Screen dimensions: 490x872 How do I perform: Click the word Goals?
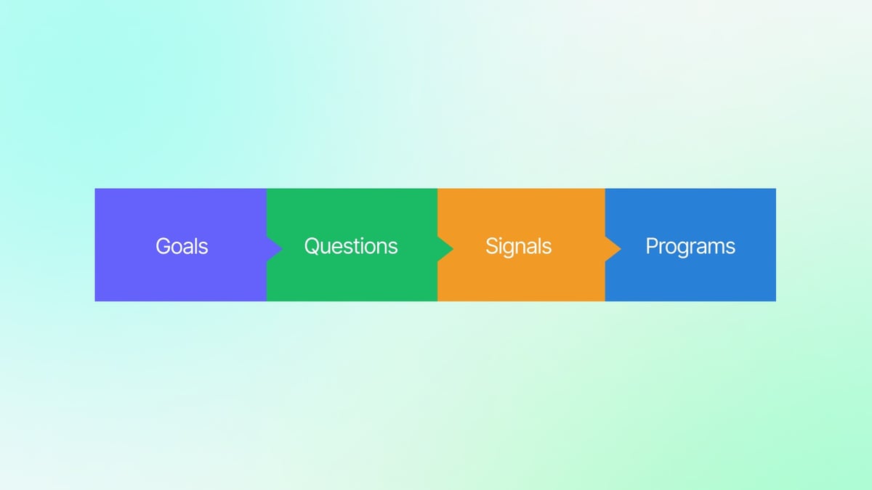pyautogui.click(x=182, y=246)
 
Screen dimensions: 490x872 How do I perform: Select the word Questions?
pyautogui.click(x=351, y=246)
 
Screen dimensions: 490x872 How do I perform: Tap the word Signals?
pyautogui.click(x=518, y=246)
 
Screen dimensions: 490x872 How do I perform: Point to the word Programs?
pyautogui.click(x=690, y=246)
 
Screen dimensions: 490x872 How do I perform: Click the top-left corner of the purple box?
pyautogui.click(x=96, y=189)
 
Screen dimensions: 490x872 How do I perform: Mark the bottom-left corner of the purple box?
pyautogui.click(x=96, y=300)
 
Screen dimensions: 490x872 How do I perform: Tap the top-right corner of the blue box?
pyautogui.click(x=775, y=189)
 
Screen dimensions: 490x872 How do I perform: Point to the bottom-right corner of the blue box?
pyautogui.click(x=775, y=300)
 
